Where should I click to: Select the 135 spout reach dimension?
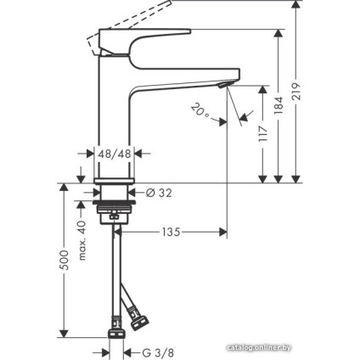(x=170, y=231)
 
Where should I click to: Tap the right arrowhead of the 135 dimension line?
(x=222, y=231)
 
